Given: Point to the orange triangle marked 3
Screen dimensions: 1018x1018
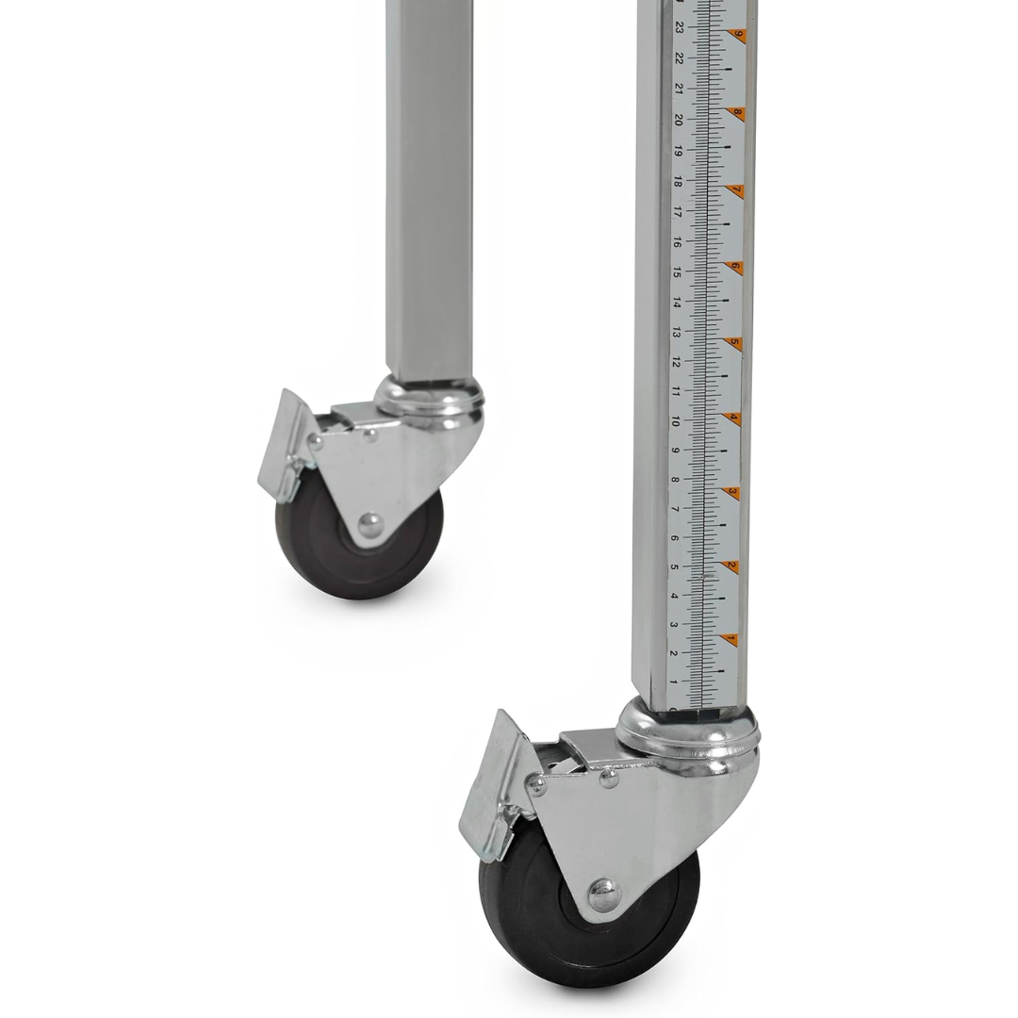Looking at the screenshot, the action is pos(732,493).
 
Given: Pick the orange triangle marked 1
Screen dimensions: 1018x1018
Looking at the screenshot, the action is pos(731,640).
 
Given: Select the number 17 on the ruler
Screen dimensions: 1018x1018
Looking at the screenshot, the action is pos(677,212).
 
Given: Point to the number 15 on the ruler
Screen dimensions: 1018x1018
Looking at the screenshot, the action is pos(677,272).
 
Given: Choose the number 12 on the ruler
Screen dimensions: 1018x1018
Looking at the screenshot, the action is pos(675,362).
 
